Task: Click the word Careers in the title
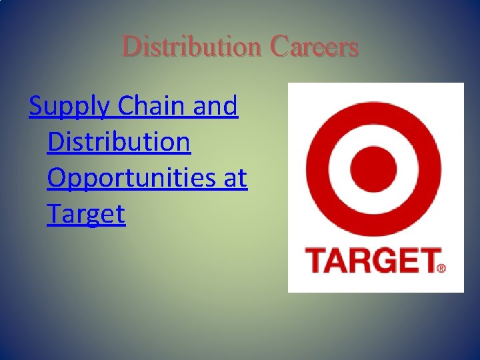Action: coord(315,47)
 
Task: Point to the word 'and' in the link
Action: coord(219,105)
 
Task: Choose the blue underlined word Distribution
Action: coord(119,141)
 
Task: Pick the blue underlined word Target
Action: coord(86,214)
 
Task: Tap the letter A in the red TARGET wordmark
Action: coord(336,261)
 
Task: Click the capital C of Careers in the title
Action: coord(279,47)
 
